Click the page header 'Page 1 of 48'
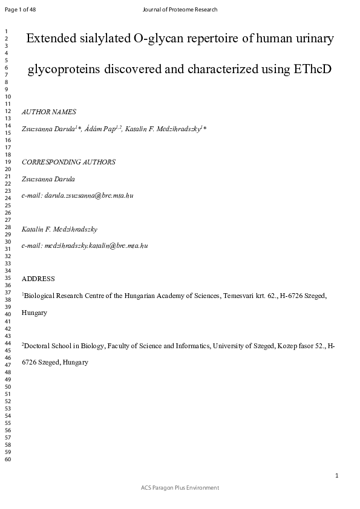[20, 10]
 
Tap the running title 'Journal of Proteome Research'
[180, 10]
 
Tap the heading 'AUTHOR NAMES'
[48, 112]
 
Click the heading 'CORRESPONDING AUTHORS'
[68, 162]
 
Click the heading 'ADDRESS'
[38, 279]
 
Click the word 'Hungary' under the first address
[34, 313]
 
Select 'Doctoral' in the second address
[38, 346]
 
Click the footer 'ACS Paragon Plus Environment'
[180, 488]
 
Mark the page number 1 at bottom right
[336, 476]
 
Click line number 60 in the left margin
[8, 460]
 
